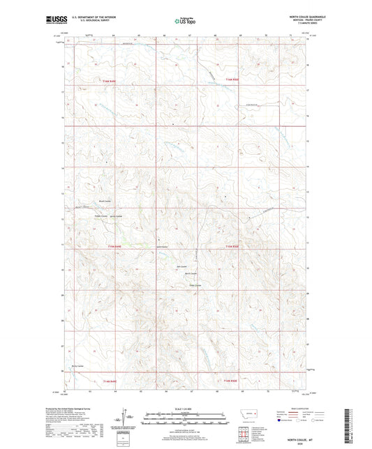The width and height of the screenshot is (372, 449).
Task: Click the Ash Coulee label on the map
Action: click(x=183, y=266)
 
